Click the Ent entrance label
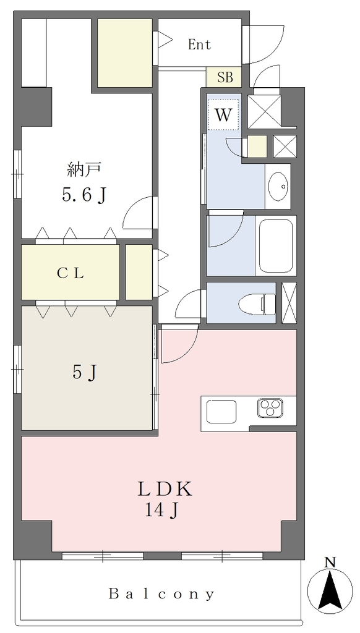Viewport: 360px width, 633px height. point(200,45)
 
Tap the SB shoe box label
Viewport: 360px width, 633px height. point(225,77)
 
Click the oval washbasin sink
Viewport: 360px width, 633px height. point(280,186)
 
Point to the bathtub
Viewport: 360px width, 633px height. point(276,246)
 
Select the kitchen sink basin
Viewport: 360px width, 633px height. point(221,411)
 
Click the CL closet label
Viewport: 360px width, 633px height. point(70,274)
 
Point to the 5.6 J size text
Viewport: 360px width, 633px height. point(85,195)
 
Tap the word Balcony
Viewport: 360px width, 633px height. point(161,594)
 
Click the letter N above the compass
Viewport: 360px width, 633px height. point(330,562)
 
